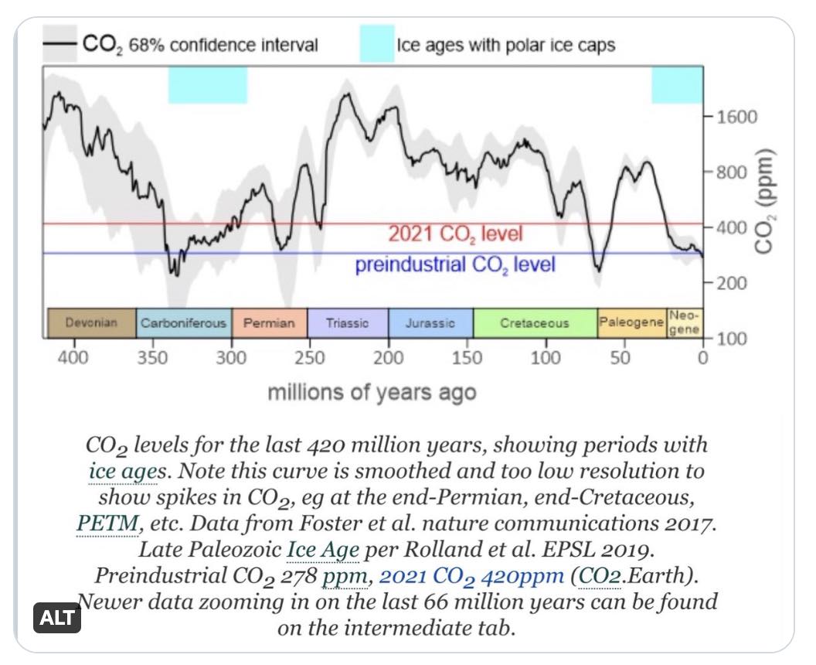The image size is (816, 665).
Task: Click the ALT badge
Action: click(x=58, y=618)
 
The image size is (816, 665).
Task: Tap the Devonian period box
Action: click(x=92, y=323)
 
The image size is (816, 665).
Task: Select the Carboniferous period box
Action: click(x=184, y=323)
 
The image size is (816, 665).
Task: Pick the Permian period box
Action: click(x=269, y=323)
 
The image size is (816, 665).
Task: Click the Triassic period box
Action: click(x=348, y=323)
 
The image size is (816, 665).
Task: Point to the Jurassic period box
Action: click(x=430, y=323)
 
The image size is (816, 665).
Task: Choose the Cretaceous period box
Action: click(x=535, y=323)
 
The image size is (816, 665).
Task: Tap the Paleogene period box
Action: click(x=631, y=323)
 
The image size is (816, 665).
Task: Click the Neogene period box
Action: click(x=685, y=323)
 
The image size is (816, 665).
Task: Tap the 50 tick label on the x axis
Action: click(x=623, y=358)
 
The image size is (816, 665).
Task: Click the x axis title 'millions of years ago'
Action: click(x=372, y=392)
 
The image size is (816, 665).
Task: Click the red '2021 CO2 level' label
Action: click(x=455, y=234)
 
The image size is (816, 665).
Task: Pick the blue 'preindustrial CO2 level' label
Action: click(x=455, y=264)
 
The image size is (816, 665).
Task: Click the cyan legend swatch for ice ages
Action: click(x=376, y=45)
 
